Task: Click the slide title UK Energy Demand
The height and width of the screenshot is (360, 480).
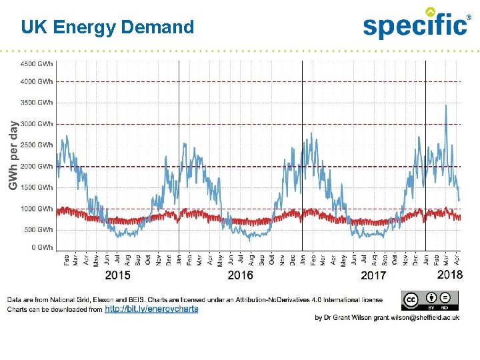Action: tap(107, 27)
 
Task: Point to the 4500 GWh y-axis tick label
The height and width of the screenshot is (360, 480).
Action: tap(37, 64)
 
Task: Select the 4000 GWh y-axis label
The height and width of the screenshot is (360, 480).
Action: tap(37, 81)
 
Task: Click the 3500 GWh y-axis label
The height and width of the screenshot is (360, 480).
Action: tap(37, 103)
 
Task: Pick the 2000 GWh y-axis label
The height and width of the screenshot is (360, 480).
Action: tap(37, 166)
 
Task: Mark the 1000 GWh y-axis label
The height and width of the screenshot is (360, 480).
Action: tap(37, 209)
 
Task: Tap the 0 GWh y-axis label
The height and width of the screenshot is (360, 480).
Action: tap(41, 247)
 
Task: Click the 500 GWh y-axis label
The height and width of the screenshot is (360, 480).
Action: tap(39, 230)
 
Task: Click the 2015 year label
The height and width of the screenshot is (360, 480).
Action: tap(118, 275)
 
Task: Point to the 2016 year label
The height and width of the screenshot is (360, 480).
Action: tap(241, 275)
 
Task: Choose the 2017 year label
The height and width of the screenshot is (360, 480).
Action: tap(373, 275)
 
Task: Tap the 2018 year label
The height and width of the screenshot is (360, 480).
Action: tap(449, 275)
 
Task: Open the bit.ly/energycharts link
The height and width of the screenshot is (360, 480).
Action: tap(151, 309)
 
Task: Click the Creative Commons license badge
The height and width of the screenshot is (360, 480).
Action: tap(429, 301)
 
